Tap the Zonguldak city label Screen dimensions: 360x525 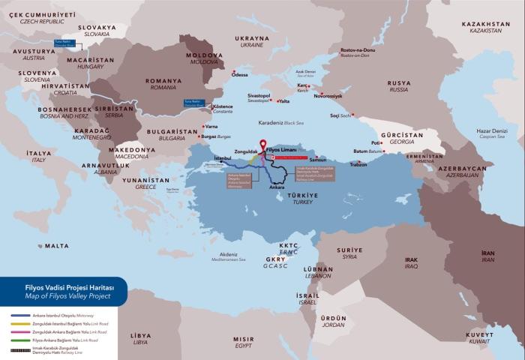(x=246, y=151)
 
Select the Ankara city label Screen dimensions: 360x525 (x=276, y=186)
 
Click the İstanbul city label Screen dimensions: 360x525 (x=223, y=158)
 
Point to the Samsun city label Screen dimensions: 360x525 (x=318, y=160)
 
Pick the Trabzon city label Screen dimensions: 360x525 (x=358, y=164)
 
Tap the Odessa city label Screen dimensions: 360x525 (x=239, y=75)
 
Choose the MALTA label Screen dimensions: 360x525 (x=56, y=245)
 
